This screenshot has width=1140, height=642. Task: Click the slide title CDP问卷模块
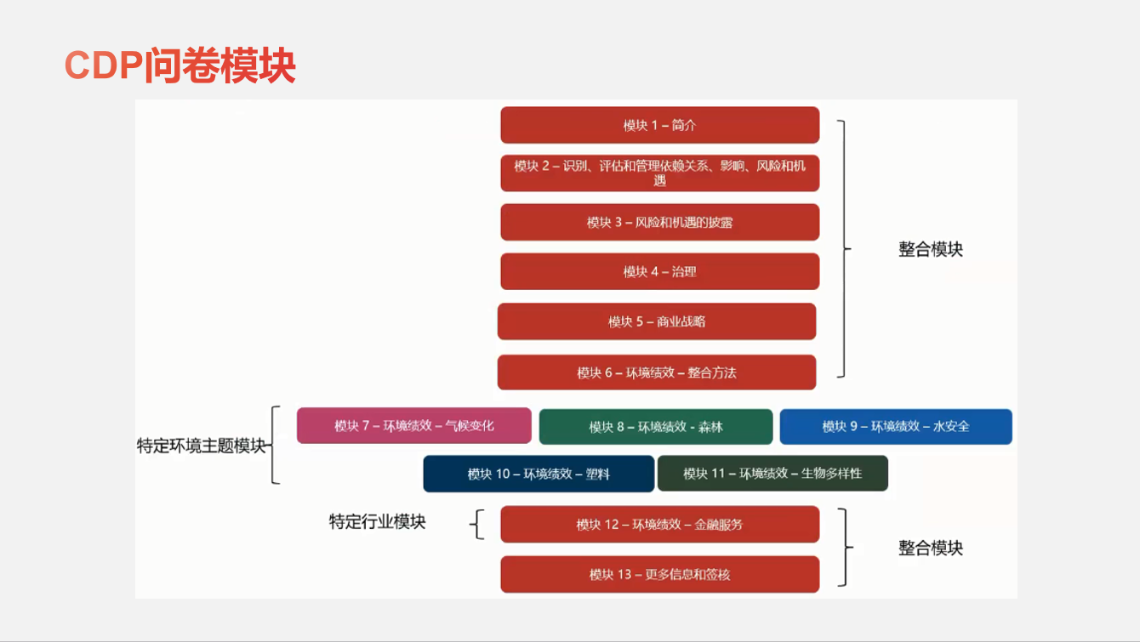[x=180, y=65]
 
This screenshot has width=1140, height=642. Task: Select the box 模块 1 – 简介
[x=659, y=125]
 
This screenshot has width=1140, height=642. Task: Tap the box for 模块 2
[x=659, y=173]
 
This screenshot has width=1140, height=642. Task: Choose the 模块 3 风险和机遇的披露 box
[x=659, y=222]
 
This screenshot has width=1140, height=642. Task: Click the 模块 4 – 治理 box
[x=659, y=271]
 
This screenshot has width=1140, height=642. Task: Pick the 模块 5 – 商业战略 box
[x=657, y=321]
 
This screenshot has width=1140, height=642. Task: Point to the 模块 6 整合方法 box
[x=657, y=372]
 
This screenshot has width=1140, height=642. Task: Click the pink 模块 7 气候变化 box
[x=413, y=426]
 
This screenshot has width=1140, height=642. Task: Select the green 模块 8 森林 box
[x=655, y=427]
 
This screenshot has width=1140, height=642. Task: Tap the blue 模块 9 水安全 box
[x=896, y=427]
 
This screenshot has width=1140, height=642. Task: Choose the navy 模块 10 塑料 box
[x=539, y=474]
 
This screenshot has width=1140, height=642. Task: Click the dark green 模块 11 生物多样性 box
[x=772, y=474]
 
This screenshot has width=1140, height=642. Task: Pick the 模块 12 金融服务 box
[x=659, y=525]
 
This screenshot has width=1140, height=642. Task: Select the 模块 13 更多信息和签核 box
[x=659, y=574]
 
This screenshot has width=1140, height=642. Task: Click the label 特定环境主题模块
[x=201, y=446]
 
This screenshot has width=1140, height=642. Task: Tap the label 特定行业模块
[x=377, y=521]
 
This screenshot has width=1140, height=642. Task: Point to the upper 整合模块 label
[x=931, y=249]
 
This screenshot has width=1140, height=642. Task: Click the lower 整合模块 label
[x=931, y=548]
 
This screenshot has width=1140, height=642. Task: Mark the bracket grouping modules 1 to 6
[x=845, y=249]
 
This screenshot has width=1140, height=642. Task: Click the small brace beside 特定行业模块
[x=477, y=524]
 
